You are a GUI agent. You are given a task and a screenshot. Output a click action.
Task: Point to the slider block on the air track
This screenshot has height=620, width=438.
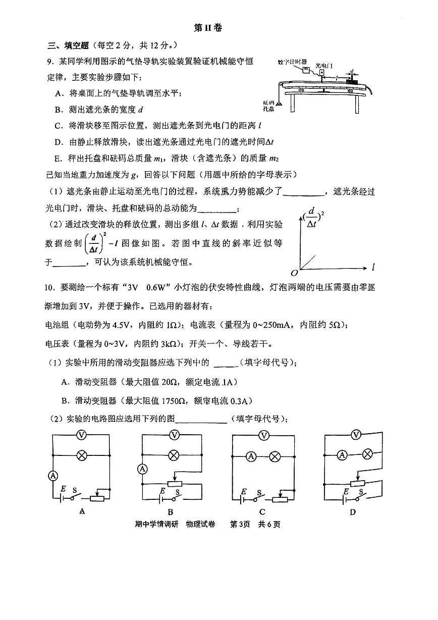point(352,80)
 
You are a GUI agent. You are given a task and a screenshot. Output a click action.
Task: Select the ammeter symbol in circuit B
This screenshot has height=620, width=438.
point(143,469)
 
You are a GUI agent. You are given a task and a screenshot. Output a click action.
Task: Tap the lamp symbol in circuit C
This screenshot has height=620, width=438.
point(275,457)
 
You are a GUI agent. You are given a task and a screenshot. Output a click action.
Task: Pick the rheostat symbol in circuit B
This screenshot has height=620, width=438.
point(174,484)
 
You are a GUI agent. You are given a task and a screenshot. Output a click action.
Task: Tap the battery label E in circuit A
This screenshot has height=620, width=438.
point(63,489)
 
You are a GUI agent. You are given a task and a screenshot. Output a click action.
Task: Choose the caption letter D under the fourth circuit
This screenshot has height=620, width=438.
point(353,512)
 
